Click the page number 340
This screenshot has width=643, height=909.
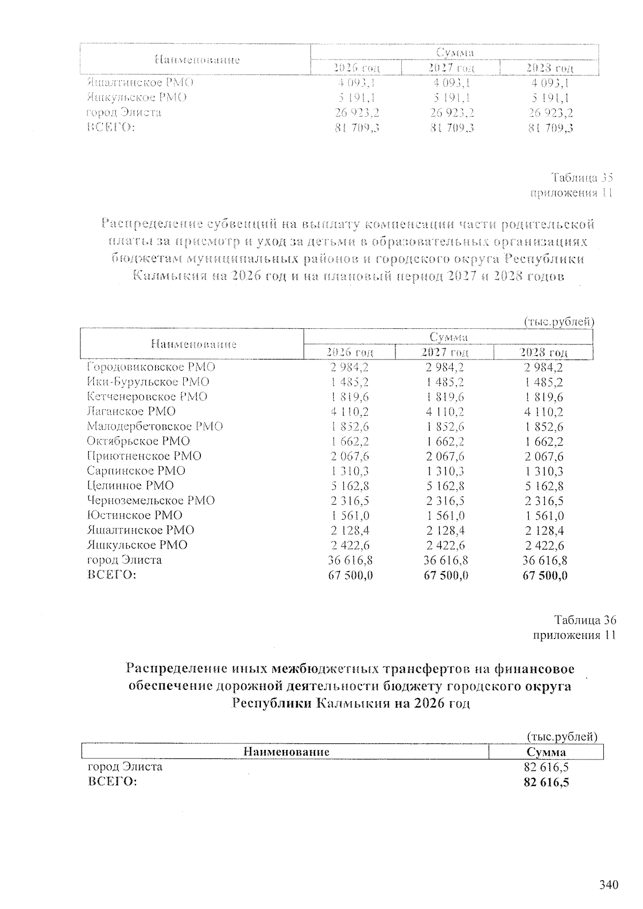click(x=609, y=884)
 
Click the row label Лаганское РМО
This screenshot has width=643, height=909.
click(x=131, y=411)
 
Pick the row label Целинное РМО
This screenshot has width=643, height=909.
click(x=130, y=485)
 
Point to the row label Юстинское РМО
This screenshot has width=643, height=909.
click(x=134, y=515)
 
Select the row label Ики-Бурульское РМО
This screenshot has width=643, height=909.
click(x=148, y=382)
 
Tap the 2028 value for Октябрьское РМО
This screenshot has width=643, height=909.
click(x=544, y=442)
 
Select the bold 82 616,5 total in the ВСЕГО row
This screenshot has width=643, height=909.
click(x=546, y=783)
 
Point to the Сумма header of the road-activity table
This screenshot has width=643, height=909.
click(x=547, y=752)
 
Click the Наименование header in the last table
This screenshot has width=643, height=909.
click(x=286, y=752)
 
